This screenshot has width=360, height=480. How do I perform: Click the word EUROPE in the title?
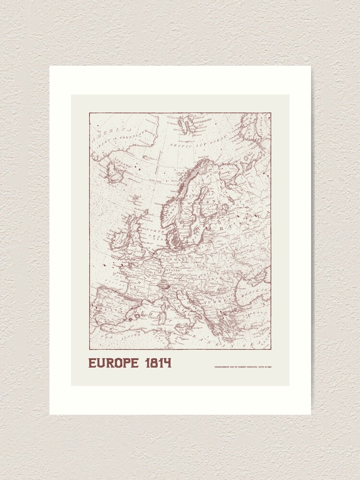(x=113, y=363)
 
